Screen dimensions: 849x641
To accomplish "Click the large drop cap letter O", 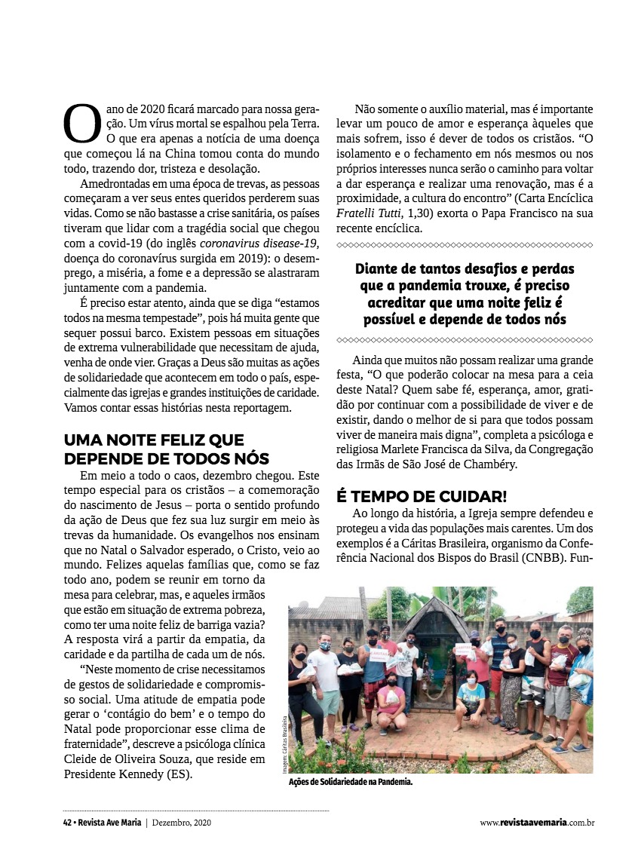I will click(81, 124).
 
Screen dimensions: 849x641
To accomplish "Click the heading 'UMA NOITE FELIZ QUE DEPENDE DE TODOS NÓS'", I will click(167, 449).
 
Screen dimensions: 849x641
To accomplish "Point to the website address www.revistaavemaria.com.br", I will click(537, 823).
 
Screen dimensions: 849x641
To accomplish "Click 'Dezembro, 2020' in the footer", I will click(182, 823).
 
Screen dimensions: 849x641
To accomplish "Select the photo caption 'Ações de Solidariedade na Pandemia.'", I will click(351, 783).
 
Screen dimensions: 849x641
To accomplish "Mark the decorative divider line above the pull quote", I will click(465, 245).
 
